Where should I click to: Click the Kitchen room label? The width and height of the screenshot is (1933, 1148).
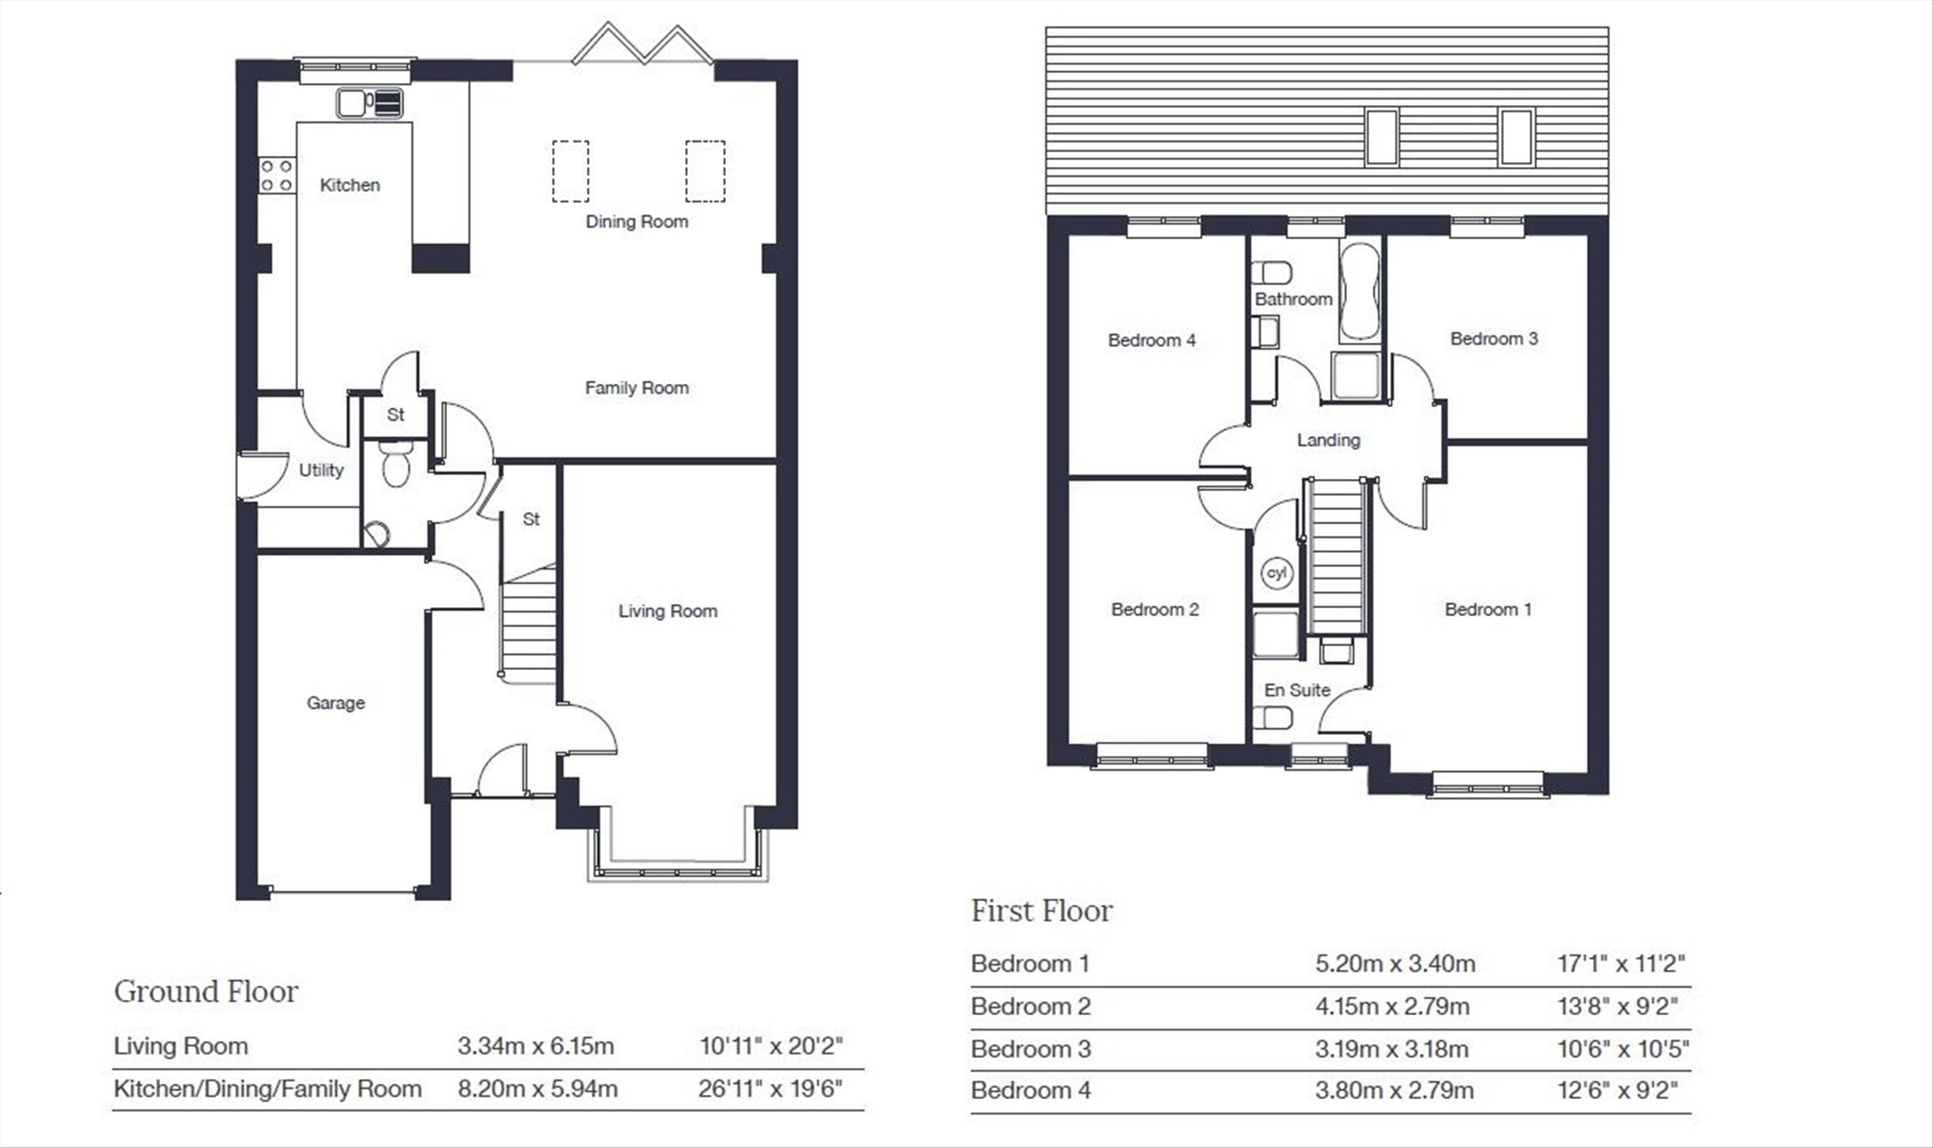[350, 185]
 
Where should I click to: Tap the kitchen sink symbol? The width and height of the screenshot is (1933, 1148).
[369, 104]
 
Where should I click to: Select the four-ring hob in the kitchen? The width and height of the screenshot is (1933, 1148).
[277, 175]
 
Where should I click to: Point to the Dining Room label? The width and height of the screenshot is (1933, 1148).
[637, 222]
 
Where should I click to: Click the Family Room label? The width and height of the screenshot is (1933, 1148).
[637, 388]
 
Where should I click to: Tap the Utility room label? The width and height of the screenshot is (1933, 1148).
[321, 470]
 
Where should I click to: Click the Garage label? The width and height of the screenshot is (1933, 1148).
[336, 703]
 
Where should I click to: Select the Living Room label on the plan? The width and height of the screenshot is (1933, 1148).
[668, 611]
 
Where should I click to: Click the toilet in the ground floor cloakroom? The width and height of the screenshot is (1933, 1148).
[396, 464]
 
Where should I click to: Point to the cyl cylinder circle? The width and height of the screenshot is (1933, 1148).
[1277, 573]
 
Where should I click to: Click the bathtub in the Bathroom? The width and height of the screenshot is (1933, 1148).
[1360, 291]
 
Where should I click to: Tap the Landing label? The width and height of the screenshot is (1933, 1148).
[1328, 440]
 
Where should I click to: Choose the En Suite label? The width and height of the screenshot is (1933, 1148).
[1297, 690]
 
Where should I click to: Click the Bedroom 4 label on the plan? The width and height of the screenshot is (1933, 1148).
[1152, 340]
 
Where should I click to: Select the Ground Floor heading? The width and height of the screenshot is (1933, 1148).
[206, 991]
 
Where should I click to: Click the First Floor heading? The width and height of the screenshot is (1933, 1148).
[1042, 910]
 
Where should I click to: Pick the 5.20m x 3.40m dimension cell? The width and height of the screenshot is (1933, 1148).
[1395, 964]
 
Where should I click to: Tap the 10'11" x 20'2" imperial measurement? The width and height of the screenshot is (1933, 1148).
[771, 1046]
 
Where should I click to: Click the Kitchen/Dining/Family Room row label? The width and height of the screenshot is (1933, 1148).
[267, 1089]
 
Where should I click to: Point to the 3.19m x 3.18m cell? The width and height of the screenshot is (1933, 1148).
[1391, 1049]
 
